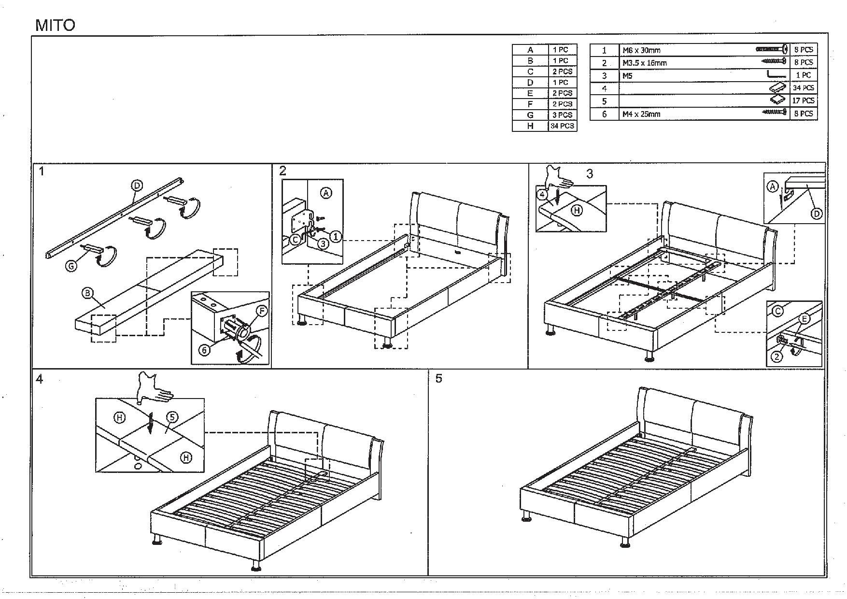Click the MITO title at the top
pos(56,25)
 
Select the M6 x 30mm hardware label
pos(641,50)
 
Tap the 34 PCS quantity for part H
pos(563,126)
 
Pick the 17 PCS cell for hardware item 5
pos(803,101)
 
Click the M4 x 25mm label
pos(641,114)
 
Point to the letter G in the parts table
pos(530,115)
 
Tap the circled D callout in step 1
pos(137,185)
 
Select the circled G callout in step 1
pos(71,265)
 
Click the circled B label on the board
pos(87,293)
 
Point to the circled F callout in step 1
pos(261,311)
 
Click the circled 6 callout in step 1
pos(204,350)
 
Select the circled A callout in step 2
pos(326,193)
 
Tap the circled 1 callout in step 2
pos(336,236)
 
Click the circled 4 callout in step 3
pos(542,195)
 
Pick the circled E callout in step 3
pos(805,319)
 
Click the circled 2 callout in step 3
pos(776,357)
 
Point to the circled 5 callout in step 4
pos(172,417)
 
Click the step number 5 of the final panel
pos(438,379)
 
